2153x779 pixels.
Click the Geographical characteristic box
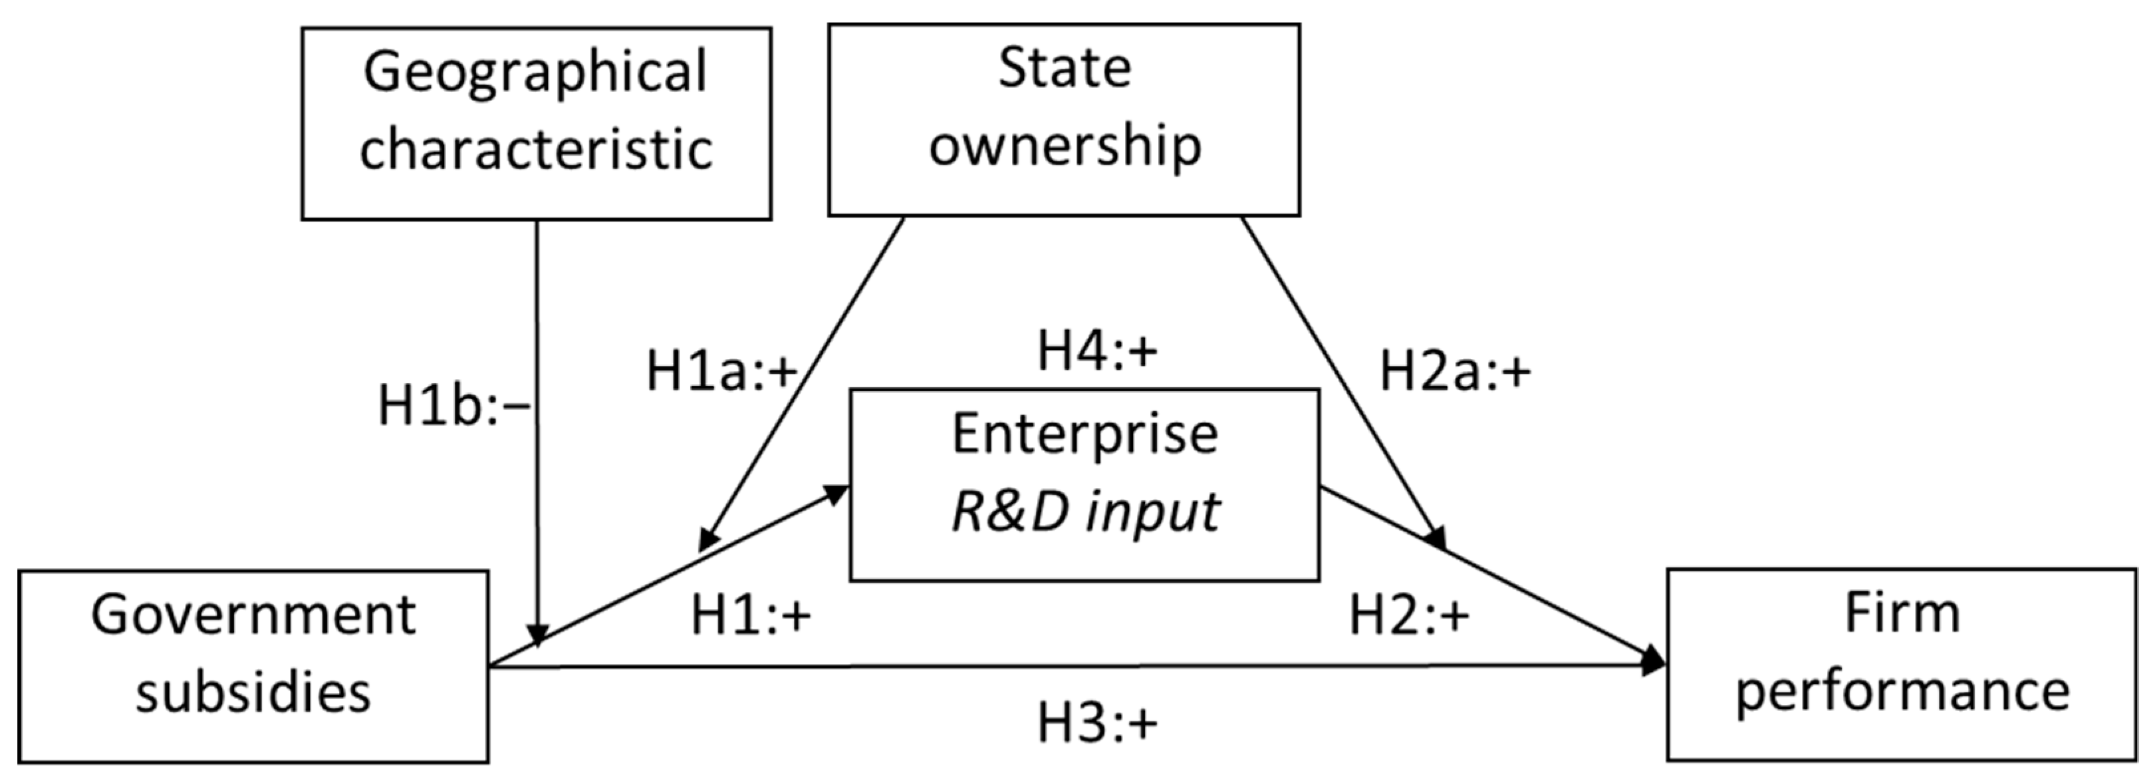coord(536,124)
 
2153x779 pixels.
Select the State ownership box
coord(1063,120)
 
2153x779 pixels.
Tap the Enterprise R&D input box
coord(1084,485)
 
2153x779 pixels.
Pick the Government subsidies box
coord(253,666)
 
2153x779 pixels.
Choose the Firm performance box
coord(1902,665)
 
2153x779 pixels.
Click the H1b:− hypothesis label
coord(454,407)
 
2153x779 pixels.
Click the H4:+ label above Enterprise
coord(1096,351)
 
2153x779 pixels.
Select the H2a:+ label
coord(1454,371)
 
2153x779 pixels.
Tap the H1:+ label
coord(750,617)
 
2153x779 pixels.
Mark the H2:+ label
coord(1409,617)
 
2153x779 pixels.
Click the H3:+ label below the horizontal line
coord(1096,723)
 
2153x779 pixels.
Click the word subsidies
coord(253,694)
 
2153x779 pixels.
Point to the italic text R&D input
coord(1086,512)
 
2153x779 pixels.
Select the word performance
coord(1902,692)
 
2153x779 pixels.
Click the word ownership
coord(1065,146)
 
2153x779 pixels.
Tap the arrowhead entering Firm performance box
coord(1653,661)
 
